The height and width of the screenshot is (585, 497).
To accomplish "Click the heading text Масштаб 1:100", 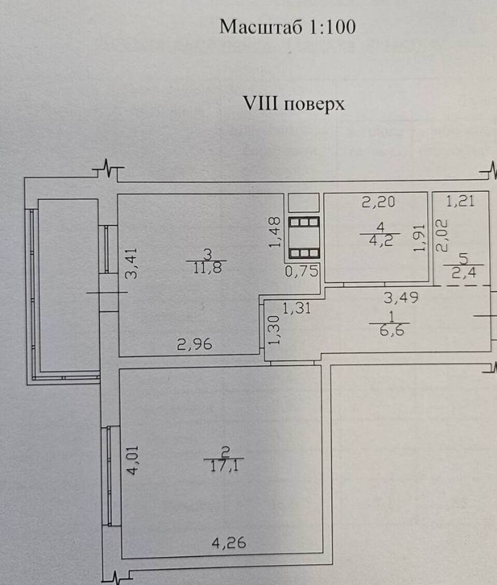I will click(x=287, y=27).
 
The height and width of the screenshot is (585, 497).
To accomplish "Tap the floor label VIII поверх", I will click(x=294, y=104).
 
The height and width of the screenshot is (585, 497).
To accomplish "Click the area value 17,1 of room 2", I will click(x=224, y=466).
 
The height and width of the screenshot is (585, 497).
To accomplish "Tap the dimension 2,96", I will click(x=195, y=344).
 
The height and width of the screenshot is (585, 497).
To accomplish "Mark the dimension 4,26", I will click(x=228, y=544).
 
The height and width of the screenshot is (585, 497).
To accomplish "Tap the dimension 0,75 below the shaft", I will click(x=302, y=272).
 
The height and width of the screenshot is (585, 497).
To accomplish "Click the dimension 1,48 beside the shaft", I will click(x=276, y=232).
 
